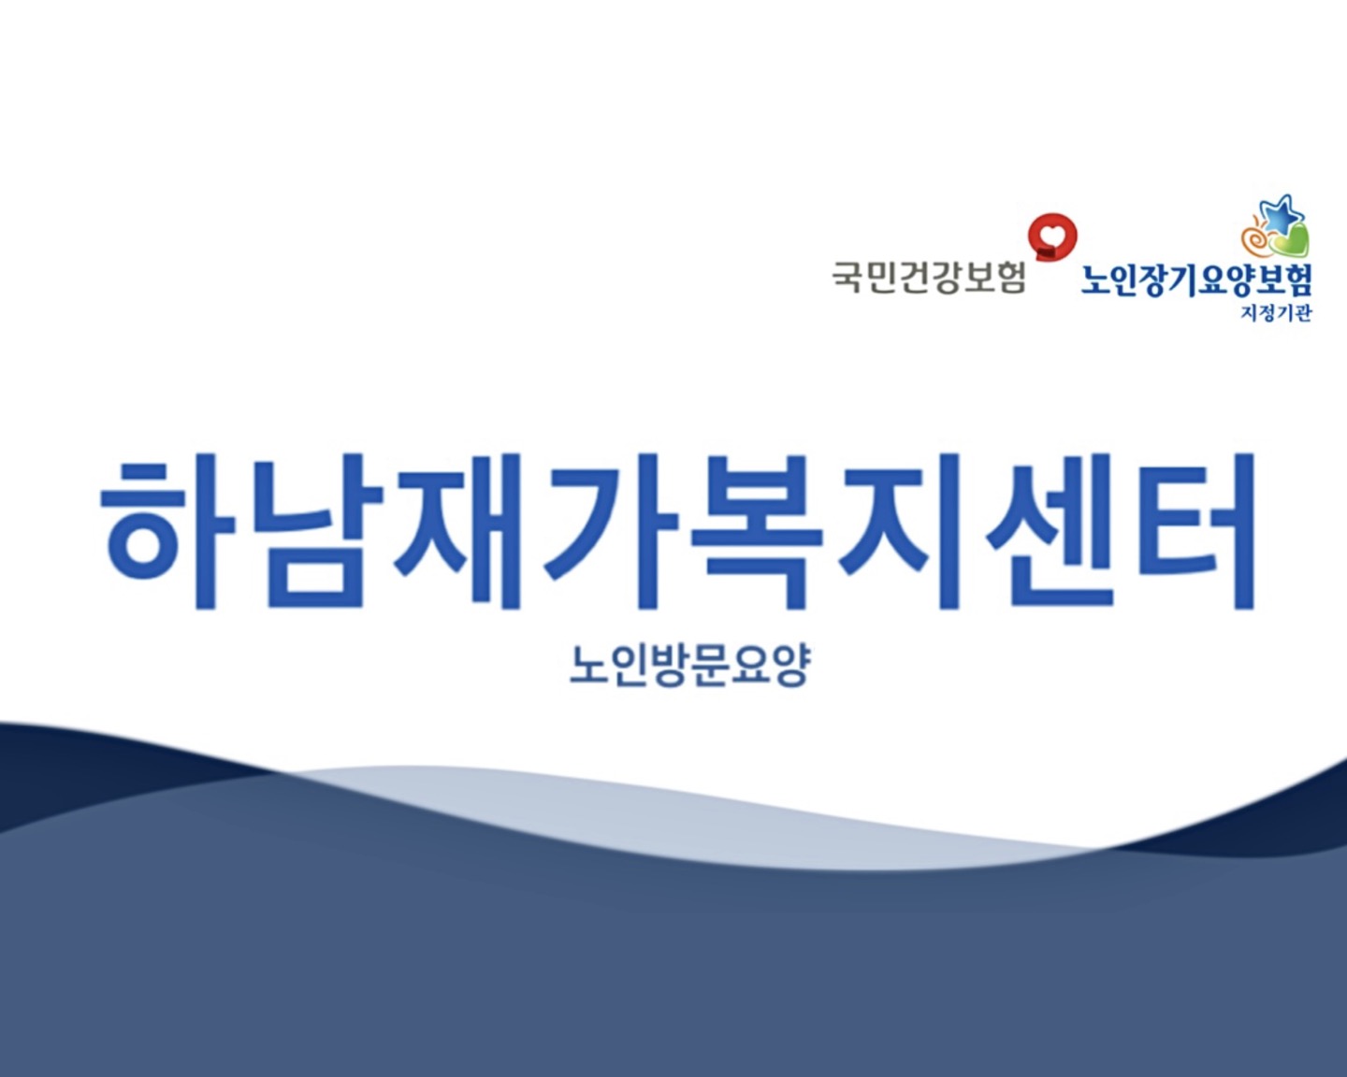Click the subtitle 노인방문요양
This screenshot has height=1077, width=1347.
(x=689, y=666)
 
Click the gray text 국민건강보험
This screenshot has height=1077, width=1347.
(x=929, y=277)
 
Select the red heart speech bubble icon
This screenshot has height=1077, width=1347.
(x=1052, y=236)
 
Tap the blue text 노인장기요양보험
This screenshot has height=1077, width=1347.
(x=1196, y=280)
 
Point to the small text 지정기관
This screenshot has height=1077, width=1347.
(x=1276, y=314)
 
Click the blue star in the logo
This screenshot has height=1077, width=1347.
(x=1281, y=216)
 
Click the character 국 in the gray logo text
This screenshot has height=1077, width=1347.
(x=848, y=277)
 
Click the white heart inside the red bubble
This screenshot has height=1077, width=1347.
(x=1052, y=230)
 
